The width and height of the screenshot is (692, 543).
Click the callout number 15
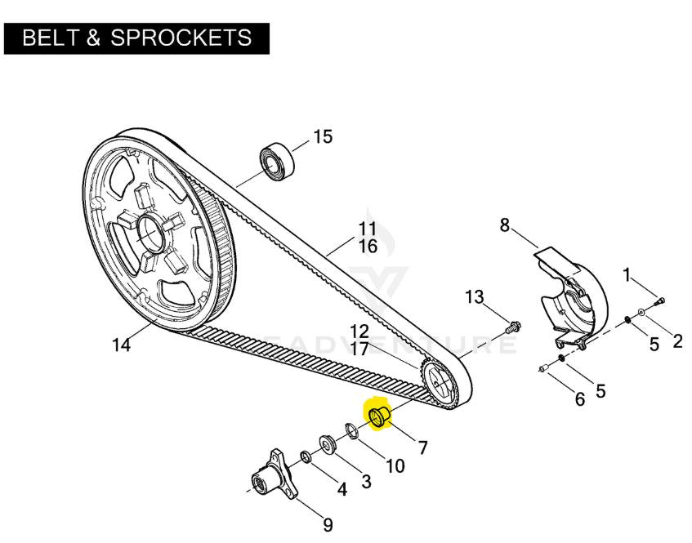pyautogui.click(x=323, y=136)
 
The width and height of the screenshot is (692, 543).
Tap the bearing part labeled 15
pyautogui.click(x=276, y=161)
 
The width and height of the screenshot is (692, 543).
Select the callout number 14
pyautogui.click(x=122, y=345)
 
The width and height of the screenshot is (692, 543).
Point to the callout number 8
pyautogui.click(x=504, y=225)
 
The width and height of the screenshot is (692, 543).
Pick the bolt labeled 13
pyautogui.click(x=513, y=327)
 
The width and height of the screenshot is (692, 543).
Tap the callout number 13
pyautogui.click(x=475, y=297)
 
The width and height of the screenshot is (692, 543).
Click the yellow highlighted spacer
pyautogui.click(x=379, y=416)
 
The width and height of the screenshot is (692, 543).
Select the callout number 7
pyautogui.click(x=422, y=447)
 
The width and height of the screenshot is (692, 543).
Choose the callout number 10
pyautogui.click(x=395, y=465)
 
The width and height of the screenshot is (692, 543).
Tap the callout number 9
pyautogui.click(x=328, y=525)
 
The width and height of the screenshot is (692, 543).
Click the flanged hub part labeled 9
pyautogui.click(x=274, y=474)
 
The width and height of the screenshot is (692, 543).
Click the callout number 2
pyautogui.click(x=677, y=341)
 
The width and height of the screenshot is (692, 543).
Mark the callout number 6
pyautogui.click(x=579, y=399)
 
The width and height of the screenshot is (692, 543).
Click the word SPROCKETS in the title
pyautogui.click(x=181, y=38)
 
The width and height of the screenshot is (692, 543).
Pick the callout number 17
pyautogui.click(x=359, y=349)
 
